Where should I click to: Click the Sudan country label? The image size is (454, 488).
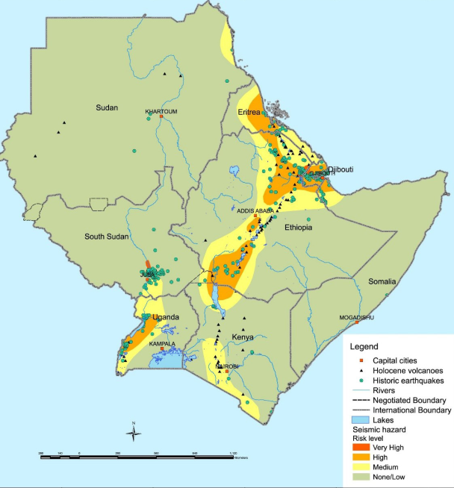(x=107, y=108)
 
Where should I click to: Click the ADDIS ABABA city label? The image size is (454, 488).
(x=256, y=210)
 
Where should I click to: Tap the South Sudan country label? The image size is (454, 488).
(x=108, y=237)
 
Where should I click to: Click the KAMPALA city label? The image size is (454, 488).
(x=162, y=344)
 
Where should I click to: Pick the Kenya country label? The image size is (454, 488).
(x=242, y=337)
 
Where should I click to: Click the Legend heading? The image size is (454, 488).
(x=364, y=347)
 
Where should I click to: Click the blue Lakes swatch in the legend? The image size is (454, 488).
(x=359, y=420)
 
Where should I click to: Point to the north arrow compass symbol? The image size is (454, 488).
(x=133, y=432)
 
